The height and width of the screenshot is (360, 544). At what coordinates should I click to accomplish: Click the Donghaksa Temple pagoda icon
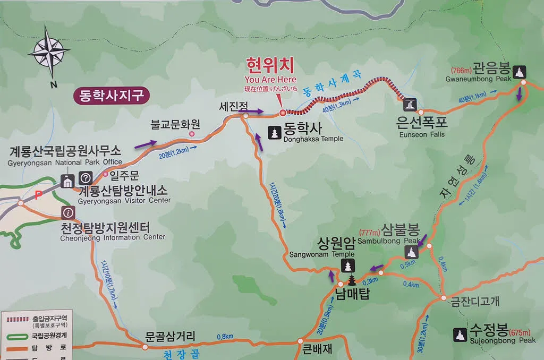coord(275,132)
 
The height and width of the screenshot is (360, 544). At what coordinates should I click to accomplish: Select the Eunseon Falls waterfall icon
coord(410,104)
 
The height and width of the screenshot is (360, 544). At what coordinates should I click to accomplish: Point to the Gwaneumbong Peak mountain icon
coord(518,72)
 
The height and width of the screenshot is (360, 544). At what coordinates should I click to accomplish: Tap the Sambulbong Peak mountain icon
coord(412,252)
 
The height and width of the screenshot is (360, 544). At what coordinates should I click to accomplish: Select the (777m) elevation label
coord(370,233)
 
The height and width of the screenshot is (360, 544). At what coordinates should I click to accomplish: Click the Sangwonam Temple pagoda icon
coord(348,265)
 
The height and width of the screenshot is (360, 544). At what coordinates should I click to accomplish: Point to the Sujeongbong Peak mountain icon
coord(460,334)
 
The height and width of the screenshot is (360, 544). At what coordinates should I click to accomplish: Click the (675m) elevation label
coord(520,333)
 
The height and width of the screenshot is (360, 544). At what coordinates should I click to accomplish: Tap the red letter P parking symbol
coord(38,195)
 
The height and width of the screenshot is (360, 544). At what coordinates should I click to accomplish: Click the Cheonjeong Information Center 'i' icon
coord(68,213)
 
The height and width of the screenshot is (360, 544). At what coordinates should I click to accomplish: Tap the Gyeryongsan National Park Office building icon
coord(67,181)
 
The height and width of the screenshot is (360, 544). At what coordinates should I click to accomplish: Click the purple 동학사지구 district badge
coord(112,96)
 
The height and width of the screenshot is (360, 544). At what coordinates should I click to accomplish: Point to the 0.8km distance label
coord(225,336)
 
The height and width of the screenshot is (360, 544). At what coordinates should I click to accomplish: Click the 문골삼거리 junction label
coord(171,336)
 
